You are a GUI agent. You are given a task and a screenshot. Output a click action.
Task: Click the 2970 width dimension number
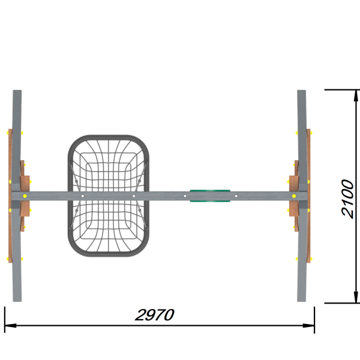click(154, 315)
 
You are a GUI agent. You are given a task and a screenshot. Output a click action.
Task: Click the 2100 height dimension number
click(347, 199)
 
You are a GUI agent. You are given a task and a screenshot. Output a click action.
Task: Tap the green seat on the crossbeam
click(210, 196)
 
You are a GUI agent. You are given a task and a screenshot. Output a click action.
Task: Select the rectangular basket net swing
click(109, 196)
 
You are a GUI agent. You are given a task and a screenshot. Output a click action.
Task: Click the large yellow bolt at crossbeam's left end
click(25, 196)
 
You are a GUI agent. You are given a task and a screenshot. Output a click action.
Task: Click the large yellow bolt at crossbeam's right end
click(294, 196)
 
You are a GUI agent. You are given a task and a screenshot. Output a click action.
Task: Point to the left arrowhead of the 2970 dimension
click(10, 326)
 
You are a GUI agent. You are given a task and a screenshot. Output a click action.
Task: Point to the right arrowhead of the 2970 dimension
click(308, 326)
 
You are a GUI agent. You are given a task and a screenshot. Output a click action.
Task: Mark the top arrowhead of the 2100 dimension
click(356, 95)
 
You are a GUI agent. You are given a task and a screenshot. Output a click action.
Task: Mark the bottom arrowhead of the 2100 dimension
click(356, 298)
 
